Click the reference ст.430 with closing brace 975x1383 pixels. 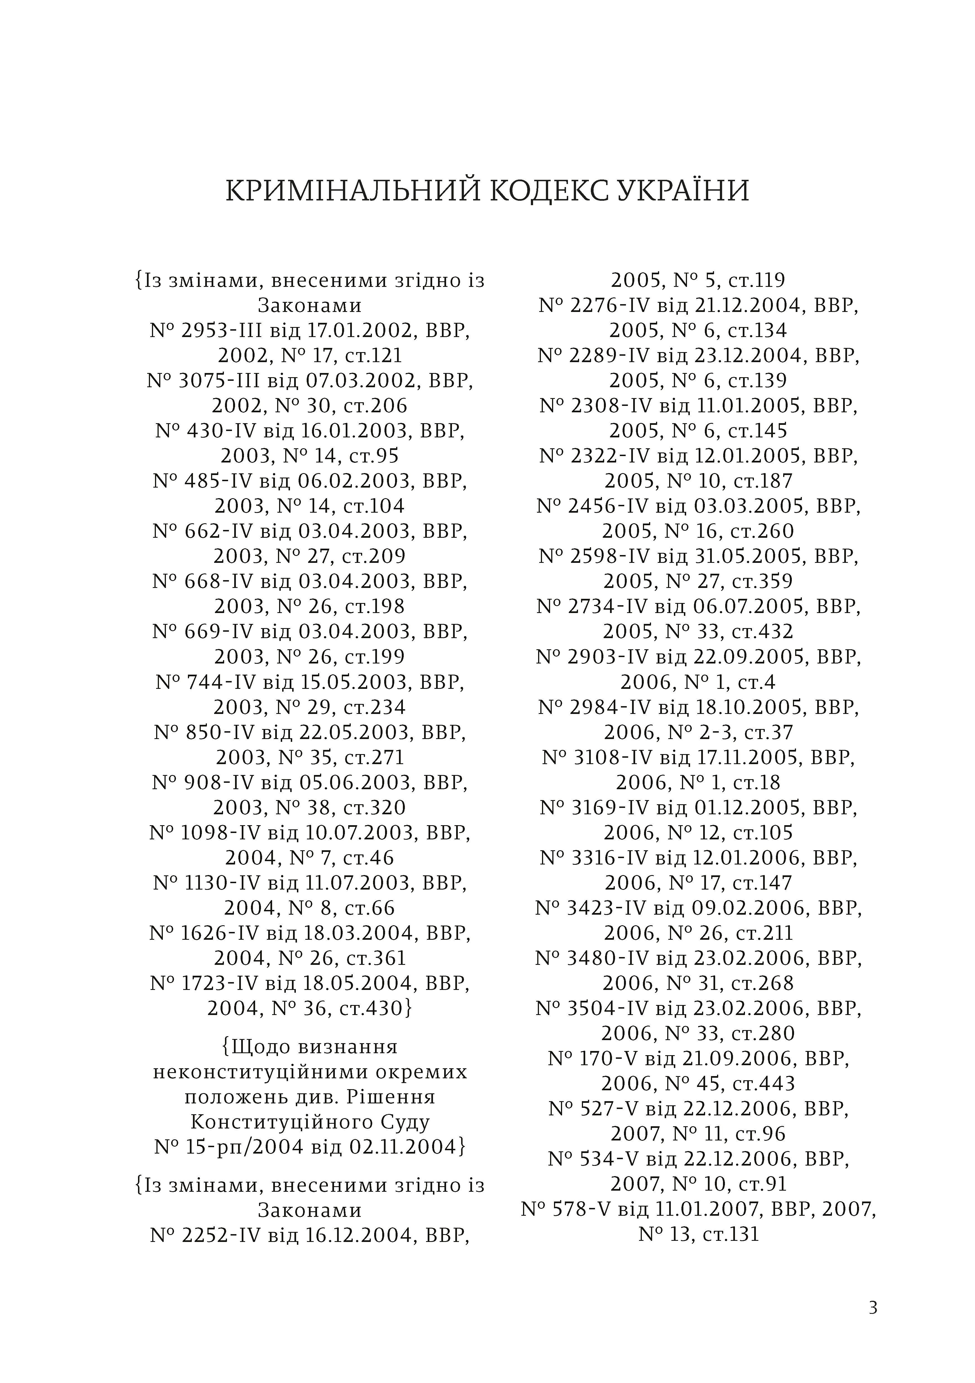click(x=377, y=1008)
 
